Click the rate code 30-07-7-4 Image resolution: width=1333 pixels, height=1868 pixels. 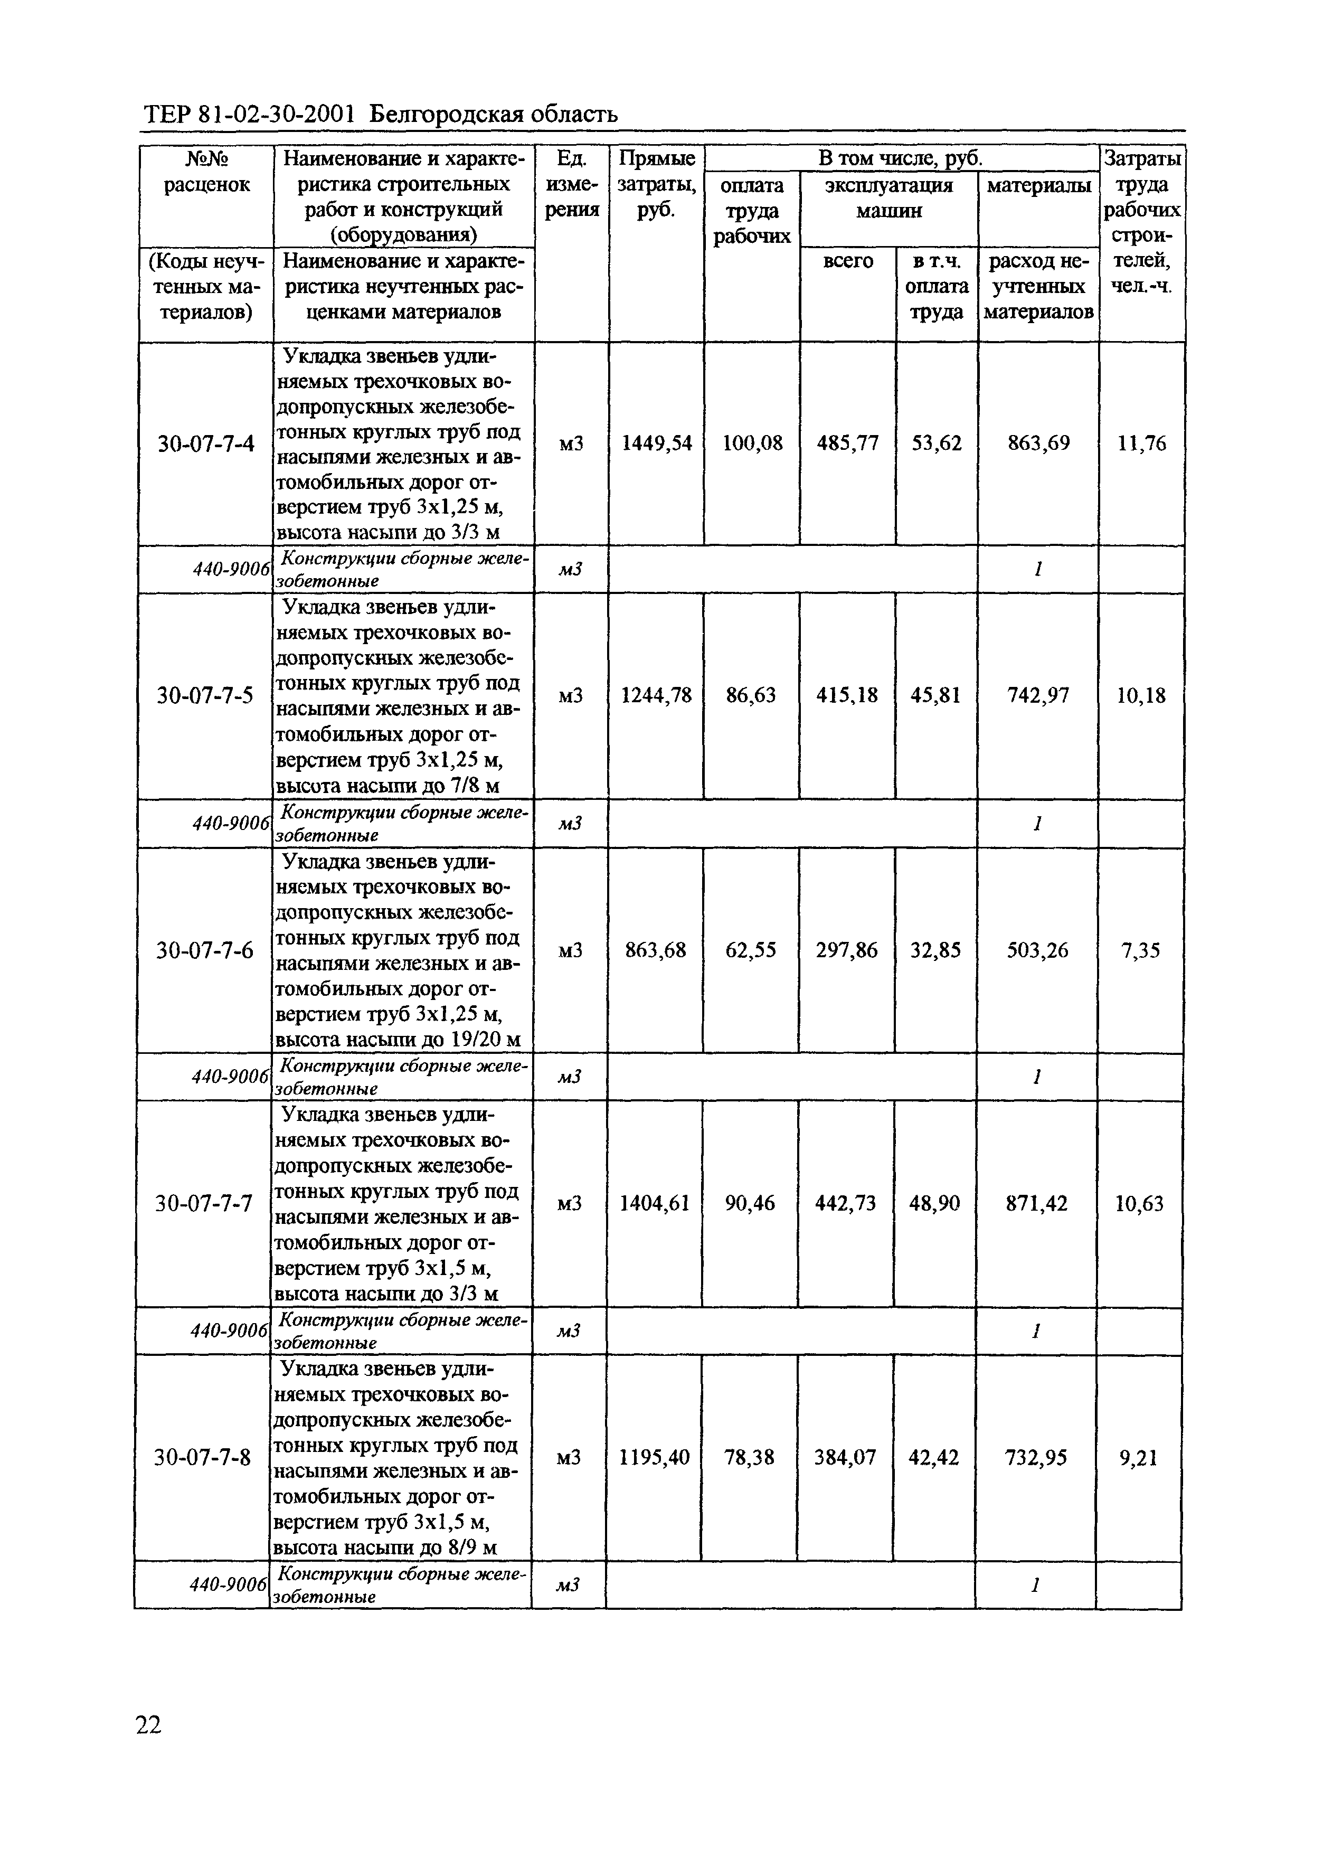point(206,444)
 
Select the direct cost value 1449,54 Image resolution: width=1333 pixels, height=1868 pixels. point(656,444)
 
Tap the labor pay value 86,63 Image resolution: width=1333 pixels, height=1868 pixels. point(751,696)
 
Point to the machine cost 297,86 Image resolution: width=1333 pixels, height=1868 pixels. point(846,950)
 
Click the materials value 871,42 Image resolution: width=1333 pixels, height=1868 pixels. point(1037,1204)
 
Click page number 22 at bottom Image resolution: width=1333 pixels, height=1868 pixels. point(148,1725)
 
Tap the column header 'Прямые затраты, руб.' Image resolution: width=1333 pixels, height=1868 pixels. point(656,184)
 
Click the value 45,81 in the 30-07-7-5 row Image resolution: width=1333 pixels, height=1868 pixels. point(935,696)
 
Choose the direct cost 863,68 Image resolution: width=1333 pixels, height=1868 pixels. point(655,950)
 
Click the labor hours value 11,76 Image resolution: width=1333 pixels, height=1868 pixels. point(1141,444)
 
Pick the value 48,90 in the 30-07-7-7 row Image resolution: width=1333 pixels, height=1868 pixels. point(934,1204)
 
